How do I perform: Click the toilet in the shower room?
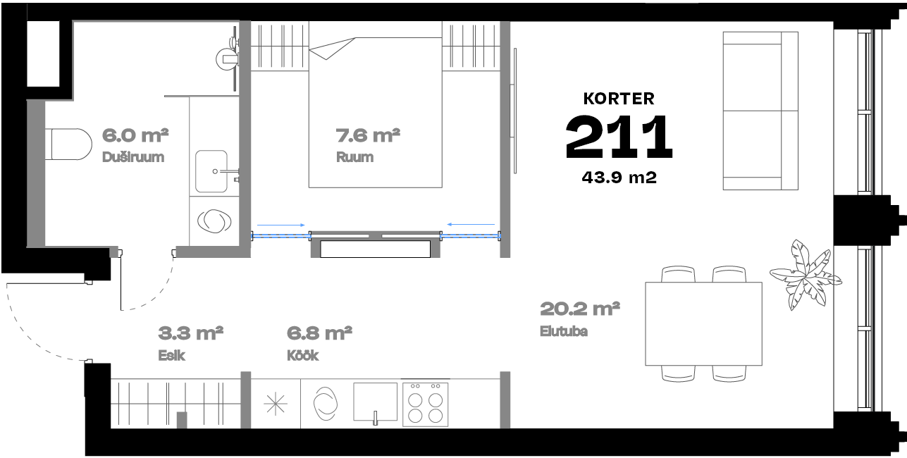(69, 144)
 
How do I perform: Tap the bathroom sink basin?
(211, 171)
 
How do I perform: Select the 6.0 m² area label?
(135, 135)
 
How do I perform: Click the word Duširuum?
(133, 157)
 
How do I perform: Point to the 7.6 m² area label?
(368, 135)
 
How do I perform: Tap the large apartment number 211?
(619, 137)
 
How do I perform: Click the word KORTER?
(619, 99)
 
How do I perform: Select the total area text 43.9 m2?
(619, 178)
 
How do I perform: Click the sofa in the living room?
(760, 111)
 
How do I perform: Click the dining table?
(704, 324)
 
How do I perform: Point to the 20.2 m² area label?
(580, 309)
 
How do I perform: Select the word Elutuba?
(564, 331)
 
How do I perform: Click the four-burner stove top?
(425, 404)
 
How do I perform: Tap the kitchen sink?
(375, 402)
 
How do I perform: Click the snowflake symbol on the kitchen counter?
(276, 404)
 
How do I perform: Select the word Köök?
(303, 356)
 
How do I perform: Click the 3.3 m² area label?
(190, 333)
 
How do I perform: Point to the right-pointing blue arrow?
(281, 225)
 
